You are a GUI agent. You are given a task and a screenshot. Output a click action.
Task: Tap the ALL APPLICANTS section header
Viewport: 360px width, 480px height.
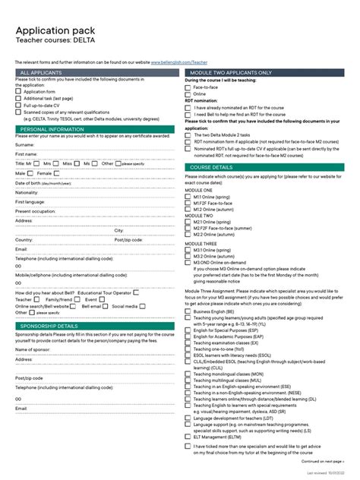click(x=41, y=72)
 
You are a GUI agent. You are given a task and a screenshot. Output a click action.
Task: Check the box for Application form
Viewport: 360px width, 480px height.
click(x=18, y=92)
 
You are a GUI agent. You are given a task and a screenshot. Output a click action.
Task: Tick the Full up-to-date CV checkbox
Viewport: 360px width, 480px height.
click(x=18, y=105)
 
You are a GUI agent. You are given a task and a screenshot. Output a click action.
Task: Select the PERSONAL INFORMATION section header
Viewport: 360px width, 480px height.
click(x=52, y=130)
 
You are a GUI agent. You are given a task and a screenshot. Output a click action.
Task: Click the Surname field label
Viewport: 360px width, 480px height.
click(x=25, y=144)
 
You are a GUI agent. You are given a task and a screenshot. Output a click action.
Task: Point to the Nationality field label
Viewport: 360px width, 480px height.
click(x=27, y=192)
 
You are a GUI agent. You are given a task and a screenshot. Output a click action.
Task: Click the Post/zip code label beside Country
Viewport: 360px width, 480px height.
click(x=128, y=239)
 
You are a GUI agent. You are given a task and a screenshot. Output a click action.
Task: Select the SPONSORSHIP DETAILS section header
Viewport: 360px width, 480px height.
click(x=52, y=326)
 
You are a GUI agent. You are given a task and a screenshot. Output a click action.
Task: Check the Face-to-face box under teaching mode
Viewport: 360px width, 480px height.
click(x=188, y=87)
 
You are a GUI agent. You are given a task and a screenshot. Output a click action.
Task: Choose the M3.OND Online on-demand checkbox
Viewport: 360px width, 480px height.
click(x=188, y=262)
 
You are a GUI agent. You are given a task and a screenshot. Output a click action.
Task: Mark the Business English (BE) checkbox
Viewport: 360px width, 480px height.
click(x=188, y=311)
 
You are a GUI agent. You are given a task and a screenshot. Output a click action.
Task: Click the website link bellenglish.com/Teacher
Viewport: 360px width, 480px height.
click(x=178, y=62)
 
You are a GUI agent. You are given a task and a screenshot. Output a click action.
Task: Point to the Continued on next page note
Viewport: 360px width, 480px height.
click(x=322, y=460)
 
